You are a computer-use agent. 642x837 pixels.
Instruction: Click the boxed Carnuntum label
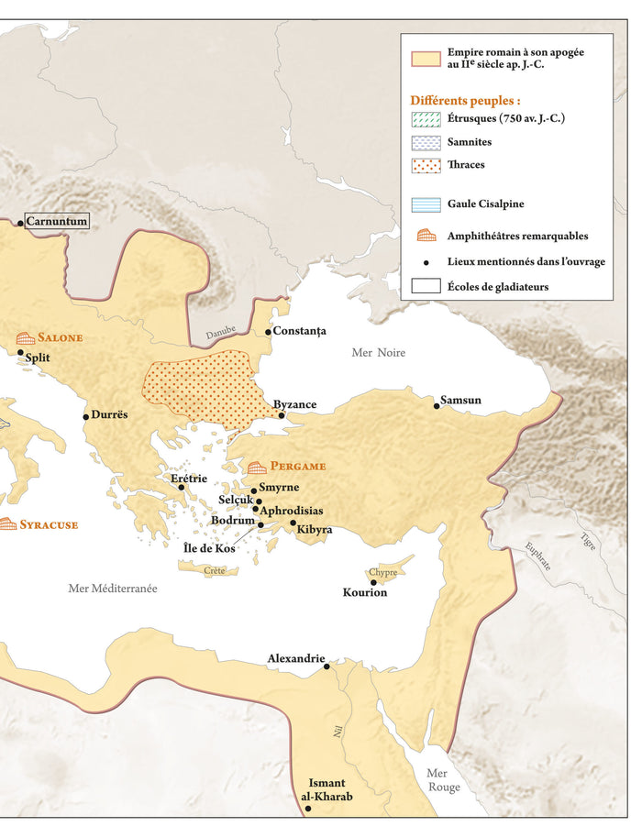(57, 221)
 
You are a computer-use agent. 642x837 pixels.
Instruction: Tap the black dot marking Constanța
(268, 332)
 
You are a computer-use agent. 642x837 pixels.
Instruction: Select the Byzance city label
(295, 404)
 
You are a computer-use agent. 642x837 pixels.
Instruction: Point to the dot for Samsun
(437, 406)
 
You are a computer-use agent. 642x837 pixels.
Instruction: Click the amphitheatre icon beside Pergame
(257, 467)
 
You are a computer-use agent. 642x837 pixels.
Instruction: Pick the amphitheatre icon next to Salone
(25, 338)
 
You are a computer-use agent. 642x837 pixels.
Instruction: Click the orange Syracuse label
(49, 524)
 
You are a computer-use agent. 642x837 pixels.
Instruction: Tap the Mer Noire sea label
(379, 353)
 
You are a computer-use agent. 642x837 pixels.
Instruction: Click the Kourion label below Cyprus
(365, 593)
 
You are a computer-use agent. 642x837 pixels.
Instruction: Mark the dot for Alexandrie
(327, 666)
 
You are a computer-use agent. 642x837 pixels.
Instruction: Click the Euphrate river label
(538, 557)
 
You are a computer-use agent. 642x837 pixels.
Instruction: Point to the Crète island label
(215, 570)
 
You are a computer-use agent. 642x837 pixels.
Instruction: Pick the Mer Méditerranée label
(113, 589)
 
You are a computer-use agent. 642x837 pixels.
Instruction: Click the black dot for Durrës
(86, 417)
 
